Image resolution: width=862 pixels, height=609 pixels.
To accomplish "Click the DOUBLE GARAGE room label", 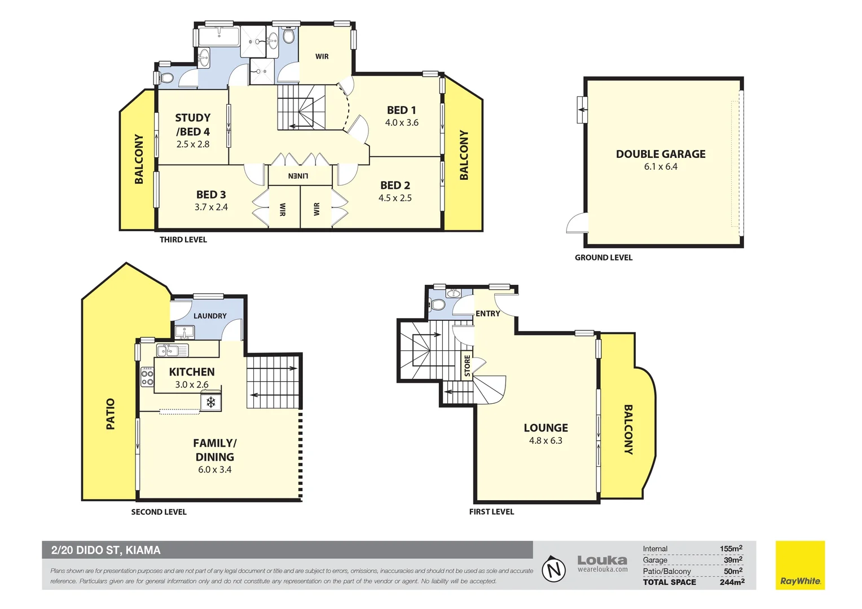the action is pyautogui.click(x=661, y=154).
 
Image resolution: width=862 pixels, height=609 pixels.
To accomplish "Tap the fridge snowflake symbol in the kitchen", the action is pyautogui.click(x=210, y=403).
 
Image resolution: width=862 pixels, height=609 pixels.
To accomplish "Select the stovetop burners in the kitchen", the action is pyautogui.click(x=147, y=377).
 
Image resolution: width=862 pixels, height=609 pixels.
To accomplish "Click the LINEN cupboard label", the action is pyautogui.click(x=298, y=176).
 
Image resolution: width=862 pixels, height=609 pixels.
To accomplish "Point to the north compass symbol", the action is pyautogui.click(x=553, y=568).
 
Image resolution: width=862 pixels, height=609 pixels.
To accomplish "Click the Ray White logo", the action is pyautogui.click(x=800, y=565).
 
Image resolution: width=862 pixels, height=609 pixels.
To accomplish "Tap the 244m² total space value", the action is pyautogui.click(x=732, y=582).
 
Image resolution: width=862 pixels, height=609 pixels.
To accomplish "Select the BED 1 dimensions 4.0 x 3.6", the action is pyautogui.click(x=402, y=123).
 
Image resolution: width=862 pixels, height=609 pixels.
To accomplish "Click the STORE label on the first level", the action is pyautogui.click(x=467, y=366).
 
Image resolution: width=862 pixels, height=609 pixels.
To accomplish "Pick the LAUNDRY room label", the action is pyautogui.click(x=210, y=316).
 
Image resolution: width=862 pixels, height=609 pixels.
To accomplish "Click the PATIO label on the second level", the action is pyautogui.click(x=111, y=414).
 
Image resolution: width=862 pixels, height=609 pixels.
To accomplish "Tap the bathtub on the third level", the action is pyautogui.click(x=219, y=37).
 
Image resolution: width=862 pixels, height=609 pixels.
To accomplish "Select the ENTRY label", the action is pyautogui.click(x=487, y=314).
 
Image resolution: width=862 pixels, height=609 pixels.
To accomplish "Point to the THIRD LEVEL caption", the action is pyautogui.click(x=183, y=240).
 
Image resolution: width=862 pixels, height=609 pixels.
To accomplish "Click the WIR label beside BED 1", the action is pyautogui.click(x=322, y=56).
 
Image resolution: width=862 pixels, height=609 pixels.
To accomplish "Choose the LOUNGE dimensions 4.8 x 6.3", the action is pyautogui.click(x=546, y=440).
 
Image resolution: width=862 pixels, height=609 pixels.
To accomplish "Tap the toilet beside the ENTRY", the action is pyautogui.click(x=437, y=305).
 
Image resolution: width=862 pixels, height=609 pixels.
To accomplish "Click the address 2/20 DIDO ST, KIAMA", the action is pyautogui.click(x=106, y=550).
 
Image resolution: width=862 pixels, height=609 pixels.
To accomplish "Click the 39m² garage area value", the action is pyautogui.click(x=733, y=560).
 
